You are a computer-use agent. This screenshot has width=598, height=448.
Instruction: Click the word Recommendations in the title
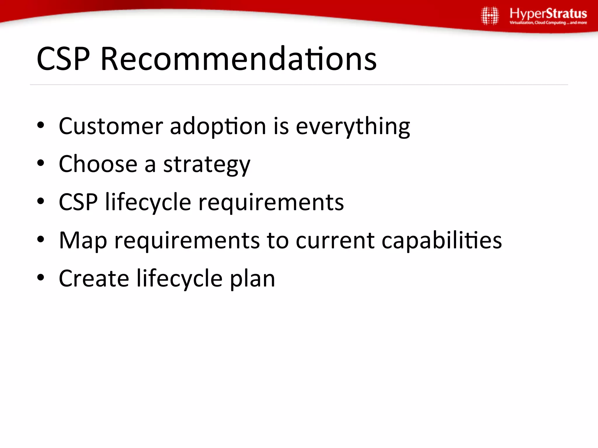click(238, 59)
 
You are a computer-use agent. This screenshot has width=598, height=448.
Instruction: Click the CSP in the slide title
click(63, 59)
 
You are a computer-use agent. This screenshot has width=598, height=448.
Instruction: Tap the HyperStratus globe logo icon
click(490, 16)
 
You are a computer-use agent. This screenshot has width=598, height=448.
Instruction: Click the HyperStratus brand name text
click(548, 14)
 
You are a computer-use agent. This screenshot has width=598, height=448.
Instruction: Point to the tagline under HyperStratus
click(548, 23)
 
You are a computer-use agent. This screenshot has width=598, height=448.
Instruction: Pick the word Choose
click(98, 164)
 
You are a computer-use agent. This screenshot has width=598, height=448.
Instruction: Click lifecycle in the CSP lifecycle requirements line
click(148, 202)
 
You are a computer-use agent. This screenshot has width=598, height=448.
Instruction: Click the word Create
click(94, 279)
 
